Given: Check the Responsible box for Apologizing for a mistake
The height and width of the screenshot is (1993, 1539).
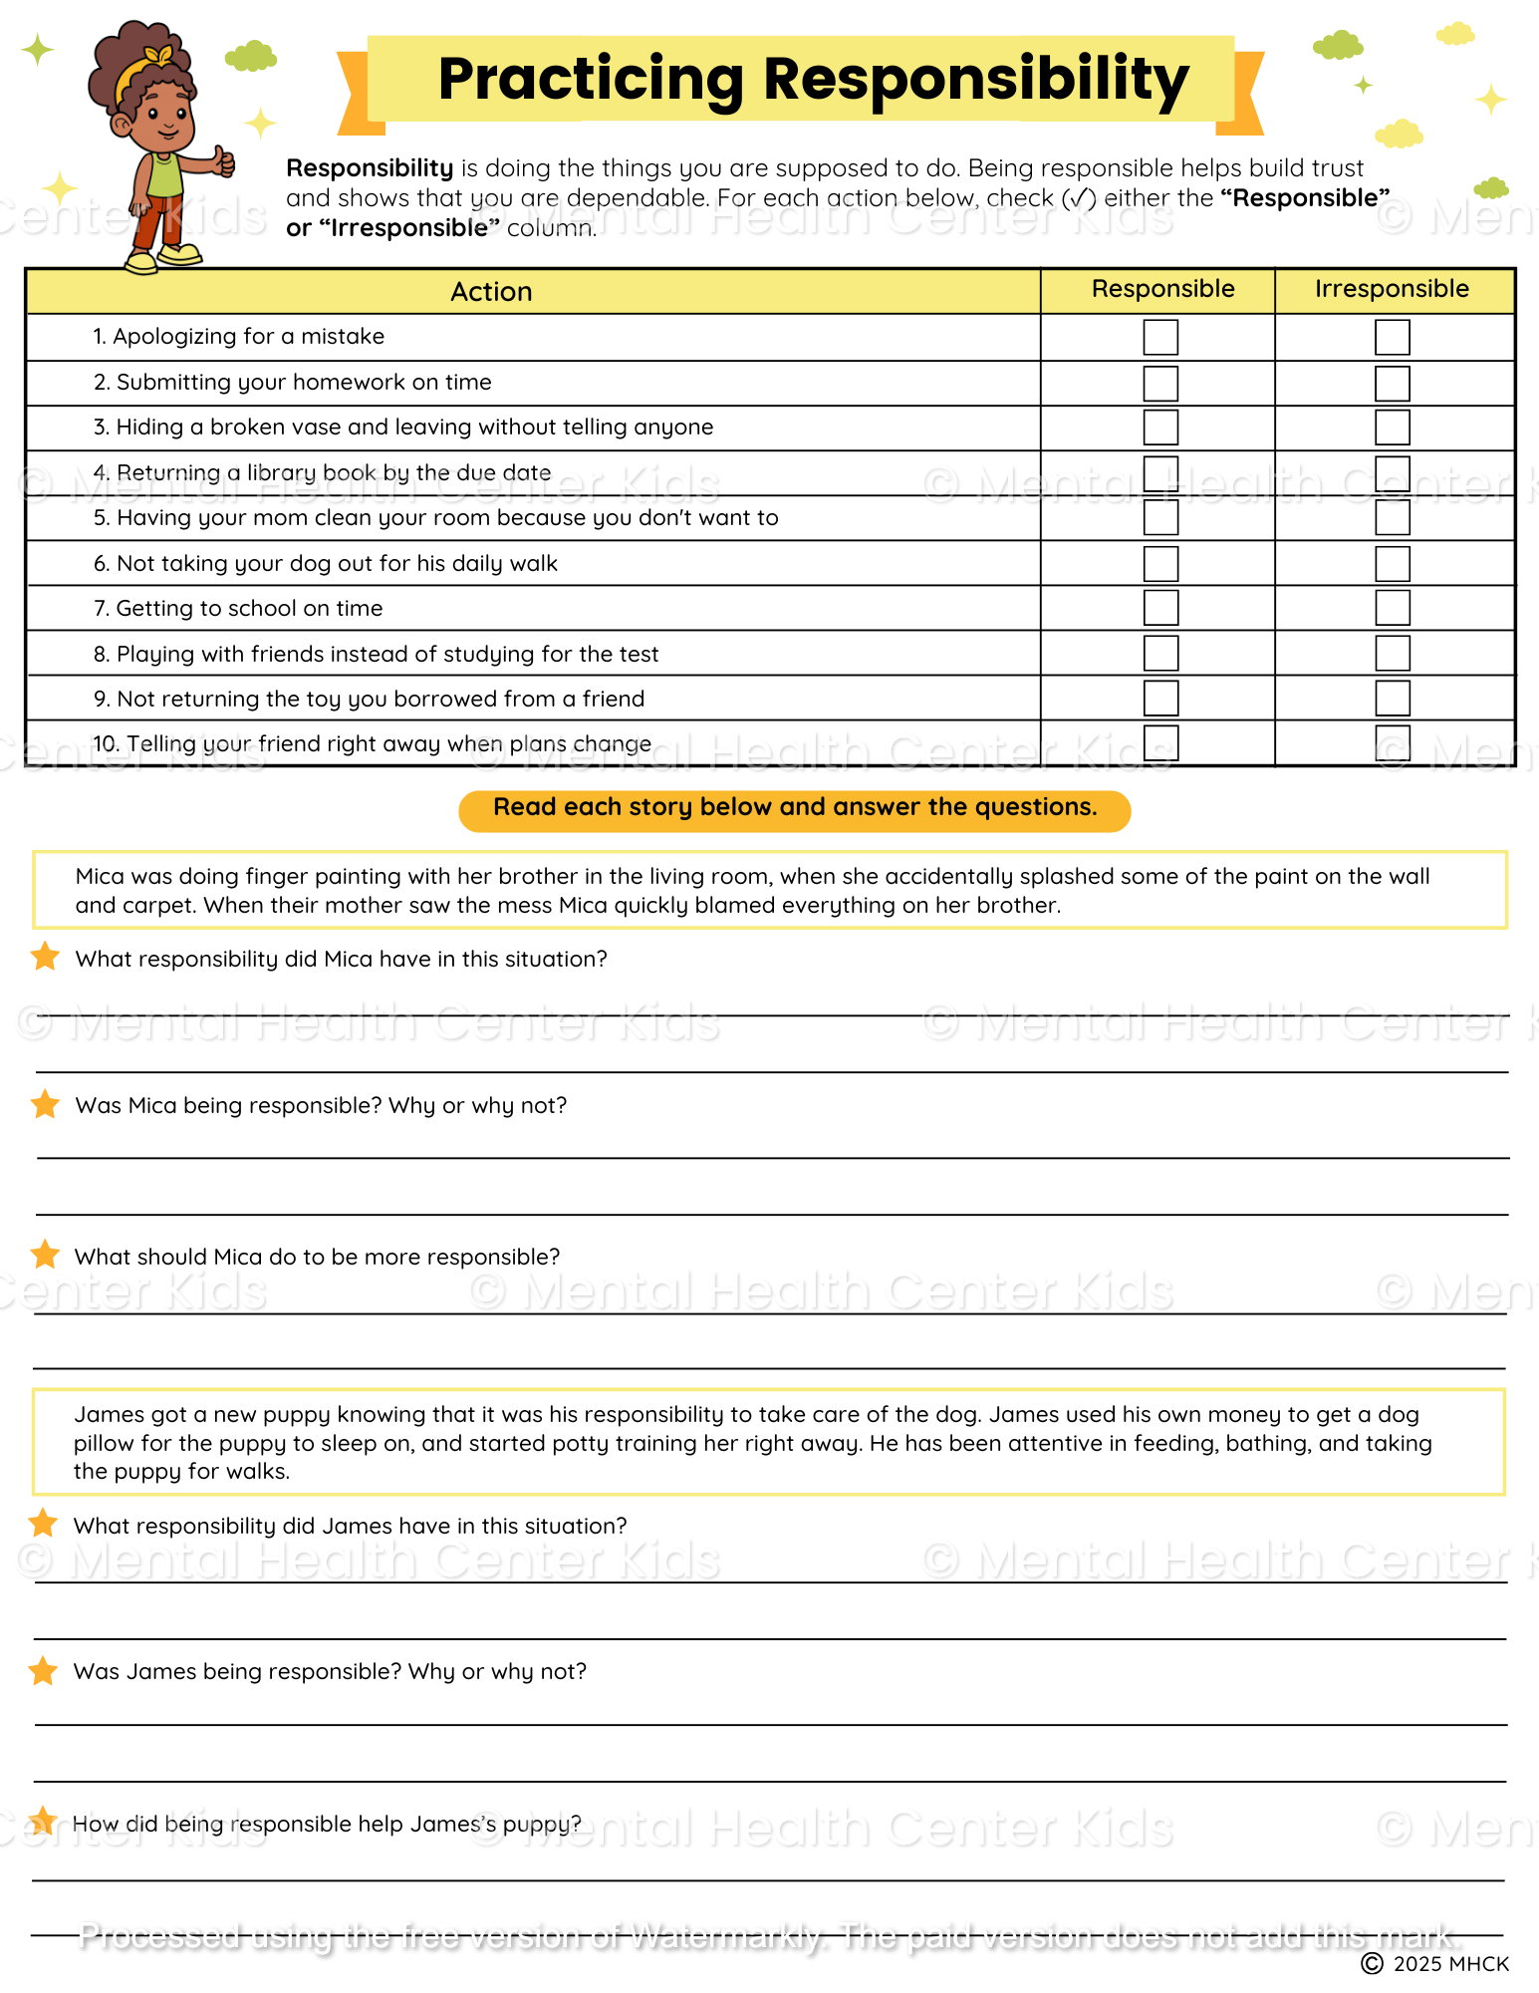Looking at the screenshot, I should click(1160, 337).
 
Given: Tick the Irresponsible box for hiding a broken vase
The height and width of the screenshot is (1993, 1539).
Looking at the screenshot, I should click(1392, 427).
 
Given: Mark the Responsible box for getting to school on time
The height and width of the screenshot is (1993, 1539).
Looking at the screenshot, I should click(1160, 608).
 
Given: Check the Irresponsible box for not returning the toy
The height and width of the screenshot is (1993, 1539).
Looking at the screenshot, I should click(1392, 699).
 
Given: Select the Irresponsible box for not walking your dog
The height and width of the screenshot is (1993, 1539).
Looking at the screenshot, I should click(1392, 564).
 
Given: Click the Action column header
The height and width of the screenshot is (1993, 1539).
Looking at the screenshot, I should click(491, 292).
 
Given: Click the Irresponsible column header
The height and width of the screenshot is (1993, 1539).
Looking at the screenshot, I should click(1392, 289).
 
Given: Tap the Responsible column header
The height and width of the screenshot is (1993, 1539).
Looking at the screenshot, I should click(1162, 289).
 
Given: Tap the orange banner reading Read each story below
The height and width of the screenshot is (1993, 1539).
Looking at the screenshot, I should click(795, 808).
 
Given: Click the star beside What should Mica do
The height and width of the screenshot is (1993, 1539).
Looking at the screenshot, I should click(45, 1255).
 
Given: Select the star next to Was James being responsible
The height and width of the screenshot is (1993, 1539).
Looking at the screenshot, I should click(43, 1670).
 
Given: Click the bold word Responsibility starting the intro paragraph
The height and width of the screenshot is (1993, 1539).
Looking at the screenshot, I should click(370, 168).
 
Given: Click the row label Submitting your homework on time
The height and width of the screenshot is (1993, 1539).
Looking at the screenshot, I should click(303, 383).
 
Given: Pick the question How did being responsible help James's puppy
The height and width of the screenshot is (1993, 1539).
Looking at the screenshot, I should click(327, 1824).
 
